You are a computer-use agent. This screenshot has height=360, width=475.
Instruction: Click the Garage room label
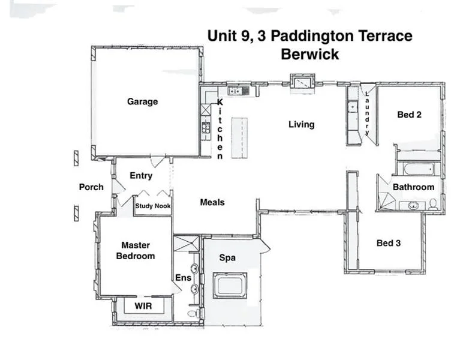point(142,101)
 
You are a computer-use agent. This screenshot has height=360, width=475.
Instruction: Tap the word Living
point(301,124)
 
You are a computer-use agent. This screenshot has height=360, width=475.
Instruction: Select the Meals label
point(212,202)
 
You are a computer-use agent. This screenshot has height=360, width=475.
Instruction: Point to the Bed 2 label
point(409,114)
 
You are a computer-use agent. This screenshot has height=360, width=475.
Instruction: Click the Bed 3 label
point(388,243)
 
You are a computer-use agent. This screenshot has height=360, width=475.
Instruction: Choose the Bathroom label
point(413,187)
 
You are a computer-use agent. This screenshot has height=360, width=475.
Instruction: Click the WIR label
point(143,306)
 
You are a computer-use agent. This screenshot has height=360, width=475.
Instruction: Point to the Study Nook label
point(153,206)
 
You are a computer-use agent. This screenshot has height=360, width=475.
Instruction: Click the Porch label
point(91,187)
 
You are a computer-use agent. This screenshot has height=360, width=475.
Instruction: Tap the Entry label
point(141,176)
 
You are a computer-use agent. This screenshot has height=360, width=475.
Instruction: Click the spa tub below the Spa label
point(229,285)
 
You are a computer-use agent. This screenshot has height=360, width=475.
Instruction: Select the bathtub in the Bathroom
point(419,169)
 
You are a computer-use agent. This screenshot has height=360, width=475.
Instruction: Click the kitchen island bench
point(239,136)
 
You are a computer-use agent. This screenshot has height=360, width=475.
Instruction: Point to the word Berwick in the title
point(310,54)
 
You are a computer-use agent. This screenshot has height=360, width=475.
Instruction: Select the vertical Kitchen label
point(220,129)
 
